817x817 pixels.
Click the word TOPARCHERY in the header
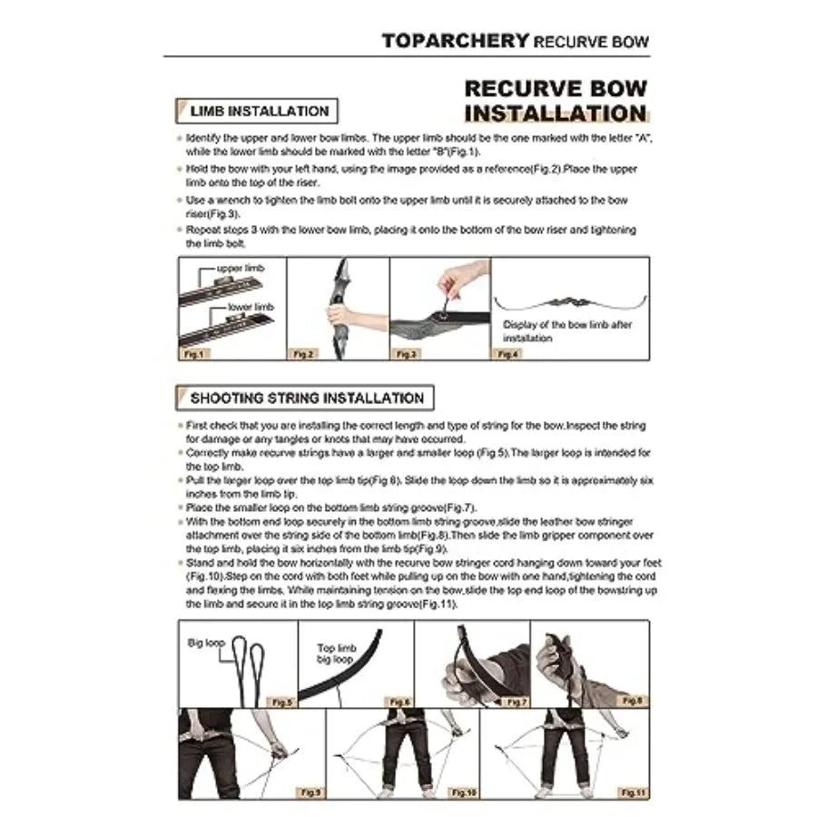point(455,41)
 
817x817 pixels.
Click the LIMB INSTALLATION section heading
point(259,112)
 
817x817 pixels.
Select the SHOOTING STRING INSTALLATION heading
point(306,398)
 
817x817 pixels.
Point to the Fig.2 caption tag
point(303,354)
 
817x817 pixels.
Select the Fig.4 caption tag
point(508,354)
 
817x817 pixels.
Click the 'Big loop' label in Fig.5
point(206,642)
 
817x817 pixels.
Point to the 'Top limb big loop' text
point(337,655)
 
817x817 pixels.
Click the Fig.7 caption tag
point(516,702)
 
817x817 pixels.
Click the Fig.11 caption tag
point(632,792)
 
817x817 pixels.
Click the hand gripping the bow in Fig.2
point(339,316)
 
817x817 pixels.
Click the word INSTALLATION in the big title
point(555,113)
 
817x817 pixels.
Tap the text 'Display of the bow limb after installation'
point(567,330)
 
